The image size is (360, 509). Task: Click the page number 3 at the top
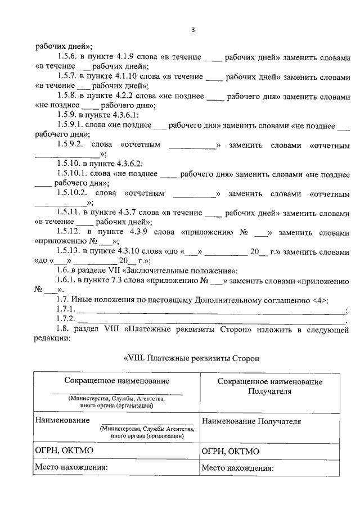[x=192, y=30]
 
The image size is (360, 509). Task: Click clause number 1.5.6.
[x=67, y=58]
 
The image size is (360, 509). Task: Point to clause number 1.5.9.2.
[x=72, y=145]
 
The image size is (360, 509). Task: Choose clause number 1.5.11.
[x=69, y=213]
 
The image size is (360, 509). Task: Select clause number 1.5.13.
[x=69, y=251]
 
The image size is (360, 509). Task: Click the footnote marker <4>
[x=321, y=300]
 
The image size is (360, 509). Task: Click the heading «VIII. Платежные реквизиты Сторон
[x=191, y=358]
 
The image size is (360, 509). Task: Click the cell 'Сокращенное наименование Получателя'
[x=269, y=386]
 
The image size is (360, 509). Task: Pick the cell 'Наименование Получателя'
[x=251, y=421]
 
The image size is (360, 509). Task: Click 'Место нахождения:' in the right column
[x=237, y=467]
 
